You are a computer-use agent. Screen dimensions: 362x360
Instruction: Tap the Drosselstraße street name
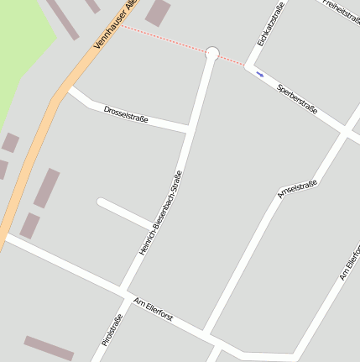click(x=126, y=114)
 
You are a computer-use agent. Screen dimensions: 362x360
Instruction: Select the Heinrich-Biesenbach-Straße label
click(x=160, y=212)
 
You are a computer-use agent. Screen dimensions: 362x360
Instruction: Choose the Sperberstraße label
click(x=297, y=99)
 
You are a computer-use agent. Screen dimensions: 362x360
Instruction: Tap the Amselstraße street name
click(x=297, y=189)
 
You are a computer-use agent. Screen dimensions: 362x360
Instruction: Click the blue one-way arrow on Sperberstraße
click(x=260, y=75)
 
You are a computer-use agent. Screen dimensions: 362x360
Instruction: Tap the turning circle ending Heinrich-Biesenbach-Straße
click(x=211, y=54)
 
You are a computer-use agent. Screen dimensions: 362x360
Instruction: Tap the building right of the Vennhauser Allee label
click(x=158, y=12)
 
